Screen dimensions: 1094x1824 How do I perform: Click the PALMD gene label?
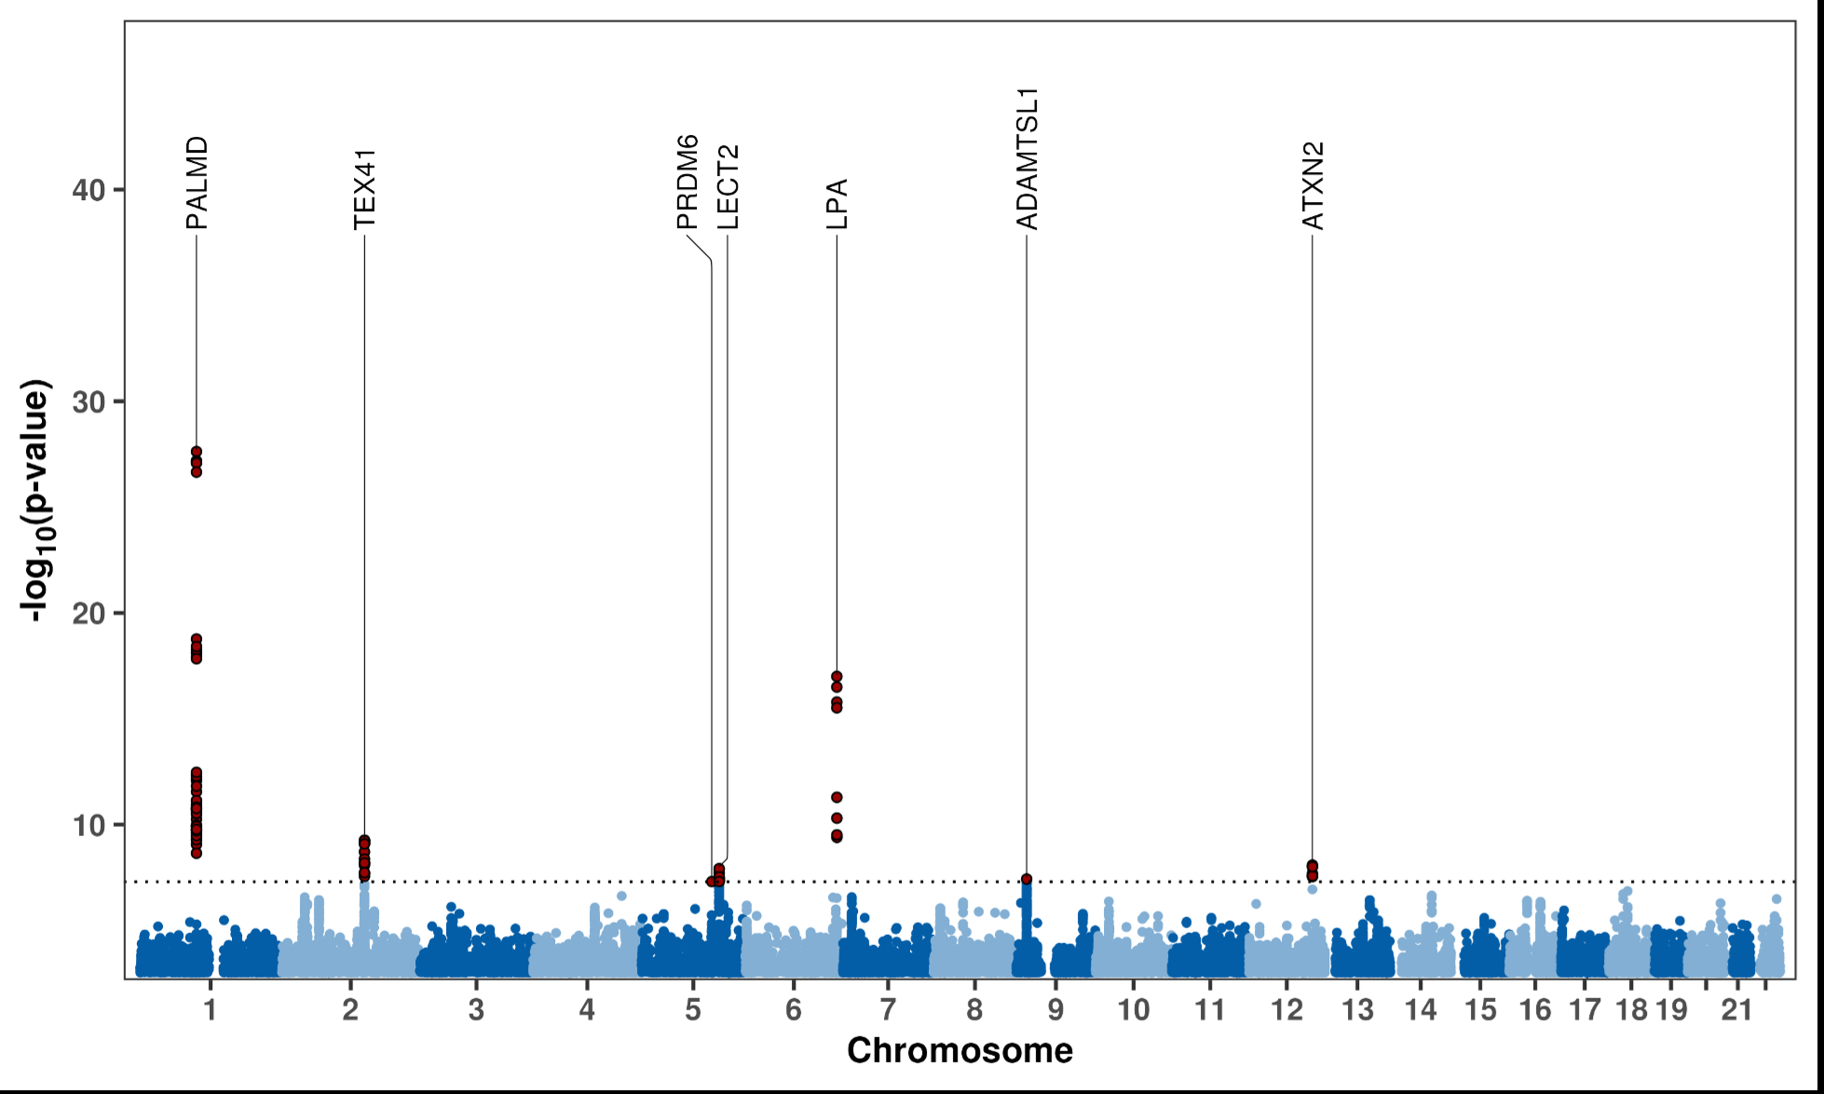point(197,182)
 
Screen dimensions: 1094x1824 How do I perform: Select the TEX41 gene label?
point(364,189)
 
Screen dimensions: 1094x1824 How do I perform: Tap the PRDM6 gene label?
point(687,182)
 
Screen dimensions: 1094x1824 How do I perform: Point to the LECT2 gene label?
point(728,187)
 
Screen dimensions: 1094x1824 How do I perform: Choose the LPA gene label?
point(837,204)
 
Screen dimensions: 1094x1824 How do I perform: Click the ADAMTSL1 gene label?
point(1027,158)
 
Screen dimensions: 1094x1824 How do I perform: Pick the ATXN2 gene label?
point(1313,185)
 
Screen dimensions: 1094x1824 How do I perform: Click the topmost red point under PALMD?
point(197,452)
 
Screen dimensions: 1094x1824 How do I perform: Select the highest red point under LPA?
point(837,677)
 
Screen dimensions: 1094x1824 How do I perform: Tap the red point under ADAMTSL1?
point(1027,879)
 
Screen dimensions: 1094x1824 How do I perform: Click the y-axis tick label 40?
point(88,190)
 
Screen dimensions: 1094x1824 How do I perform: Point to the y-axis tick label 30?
point(88,402)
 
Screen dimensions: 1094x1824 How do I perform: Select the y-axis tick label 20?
point(88,614)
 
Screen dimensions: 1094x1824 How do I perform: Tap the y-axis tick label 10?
point(88,825)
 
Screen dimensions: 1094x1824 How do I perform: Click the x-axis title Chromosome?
point(960,1050)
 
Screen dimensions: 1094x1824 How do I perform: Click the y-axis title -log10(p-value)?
point(37,500)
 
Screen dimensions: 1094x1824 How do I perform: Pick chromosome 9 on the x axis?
point(1055,1010)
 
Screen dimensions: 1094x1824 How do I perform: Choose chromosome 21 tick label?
point(1736,1010)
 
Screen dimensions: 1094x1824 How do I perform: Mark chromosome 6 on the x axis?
point(793,1010)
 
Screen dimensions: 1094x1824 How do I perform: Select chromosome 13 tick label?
point(1357,1010)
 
